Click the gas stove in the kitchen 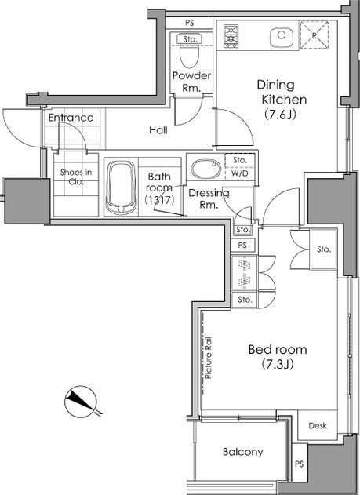tap(231, 36)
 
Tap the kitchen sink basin tap(282, 36)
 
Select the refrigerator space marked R tap(315, 35)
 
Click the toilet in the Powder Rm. tap(190, 54)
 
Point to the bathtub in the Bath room tap(121, 187)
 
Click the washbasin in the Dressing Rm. tap(206, 169)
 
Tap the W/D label tap(239, 173)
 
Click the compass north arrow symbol tap(81, 402)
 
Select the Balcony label tap(242, 452)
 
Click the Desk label tap(318, 425)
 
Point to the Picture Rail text tap(209, 358)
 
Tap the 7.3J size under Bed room tap(278, 365)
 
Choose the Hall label tap(158, 130)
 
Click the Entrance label tap(71, 118)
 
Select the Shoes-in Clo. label tap(76, 177)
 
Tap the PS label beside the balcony tap(300, 464)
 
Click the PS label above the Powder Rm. tap(190, 23)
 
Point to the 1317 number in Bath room tap(160, 200)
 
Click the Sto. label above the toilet tap(190, 39)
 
